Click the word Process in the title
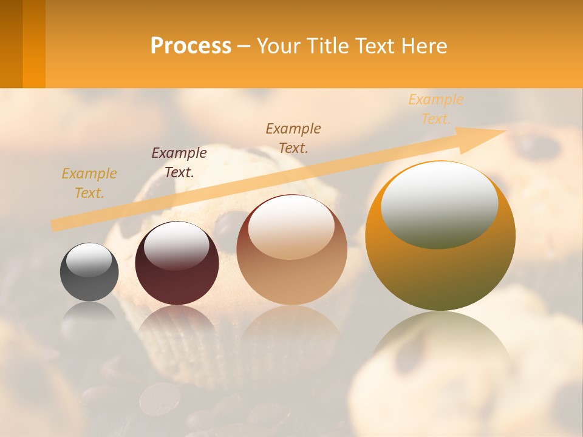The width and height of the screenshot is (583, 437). pyautogui.click(x=191, y=46)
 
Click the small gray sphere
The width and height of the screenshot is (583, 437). pyautogui.click(x=89, y=280)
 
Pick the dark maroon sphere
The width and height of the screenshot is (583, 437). pyautogui.click(x=177, y=279)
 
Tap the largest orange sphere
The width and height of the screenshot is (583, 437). pyautogui.click(x=440, y=267)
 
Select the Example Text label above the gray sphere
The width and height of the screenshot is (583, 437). pyautogui.click(x=89, y=183)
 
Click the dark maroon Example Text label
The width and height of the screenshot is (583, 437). pyautogui.click(x=179, y=163)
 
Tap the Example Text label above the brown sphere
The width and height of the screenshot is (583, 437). pyautogui.click(x=293, y=138)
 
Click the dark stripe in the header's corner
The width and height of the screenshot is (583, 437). pyautogui.click(x=11, y=44)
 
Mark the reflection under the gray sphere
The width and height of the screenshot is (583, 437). pyautogui.click(x=89, y=316)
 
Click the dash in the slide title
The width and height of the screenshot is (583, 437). pyautogui.click(x=244, y=47)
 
